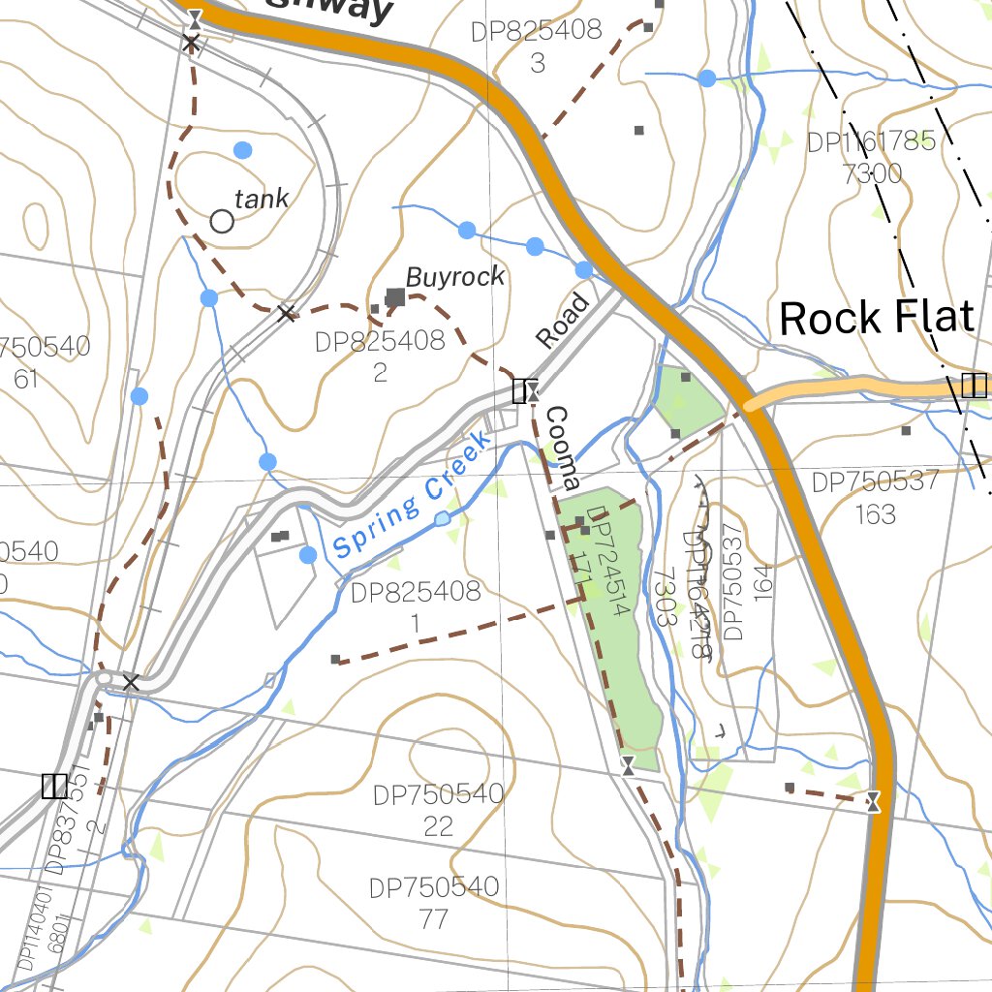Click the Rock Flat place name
click(876, 318)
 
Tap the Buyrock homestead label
click(455, 277)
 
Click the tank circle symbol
click(222, 222)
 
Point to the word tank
click(262, 200)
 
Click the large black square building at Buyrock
click(395, 296)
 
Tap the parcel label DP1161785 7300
click(872, 158)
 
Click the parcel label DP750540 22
click(439, 810)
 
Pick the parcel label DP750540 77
click(434, 902)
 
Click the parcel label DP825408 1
click(416, 606)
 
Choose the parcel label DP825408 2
click(380, 356)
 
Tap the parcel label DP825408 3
click(537, 46)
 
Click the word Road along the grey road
click(563, 321)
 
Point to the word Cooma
click(562, 448)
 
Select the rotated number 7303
click(665, 597)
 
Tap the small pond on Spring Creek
click(443, 518)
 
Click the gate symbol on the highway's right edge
click(874, 801)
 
